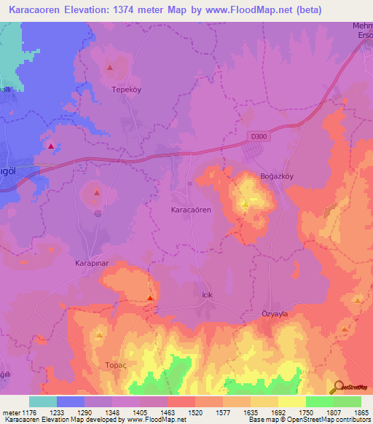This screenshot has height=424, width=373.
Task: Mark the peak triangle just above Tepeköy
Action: [x=110, y=68]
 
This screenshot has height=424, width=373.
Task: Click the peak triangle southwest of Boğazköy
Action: [x=246, y=205]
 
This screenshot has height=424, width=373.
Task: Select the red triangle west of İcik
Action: [x=150, y=298]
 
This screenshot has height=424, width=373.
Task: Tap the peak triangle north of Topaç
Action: [x=100, y=336]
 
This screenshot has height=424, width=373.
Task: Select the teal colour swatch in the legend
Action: [x=43, y=401]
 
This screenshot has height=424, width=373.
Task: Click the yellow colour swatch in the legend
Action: [x=291, y=401]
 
